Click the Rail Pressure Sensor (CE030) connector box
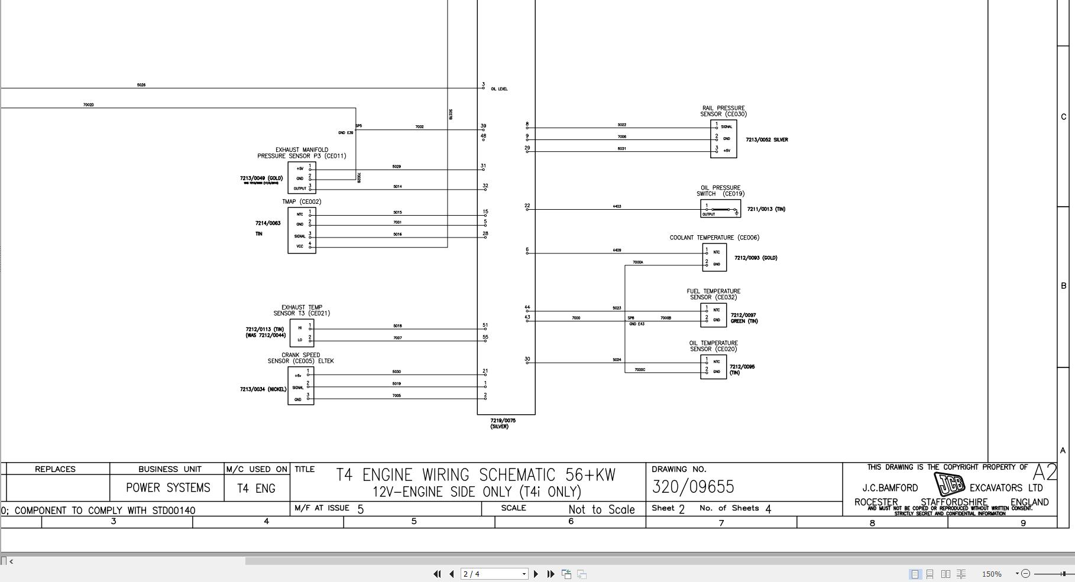(723, 139)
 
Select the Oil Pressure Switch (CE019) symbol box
(720, 209)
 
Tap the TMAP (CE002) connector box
(302, 230)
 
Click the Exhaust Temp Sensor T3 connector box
(302, 333)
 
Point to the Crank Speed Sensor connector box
(300, 386)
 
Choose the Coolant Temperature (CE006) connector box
(714, 258)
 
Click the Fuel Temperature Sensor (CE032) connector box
(713, 315)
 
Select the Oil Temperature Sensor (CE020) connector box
(713, 366)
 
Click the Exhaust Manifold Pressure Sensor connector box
(302, 177)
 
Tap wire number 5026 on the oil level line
(141, 85)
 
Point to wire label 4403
(617, 206)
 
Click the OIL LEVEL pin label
(499, 89)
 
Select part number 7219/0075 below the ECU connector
(503, 421)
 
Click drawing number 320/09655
(693, 487)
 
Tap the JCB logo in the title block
(949, 485)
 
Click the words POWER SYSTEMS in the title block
(168, 488)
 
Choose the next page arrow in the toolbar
(536, 574)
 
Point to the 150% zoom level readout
(992, 574)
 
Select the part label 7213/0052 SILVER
(766, 140)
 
